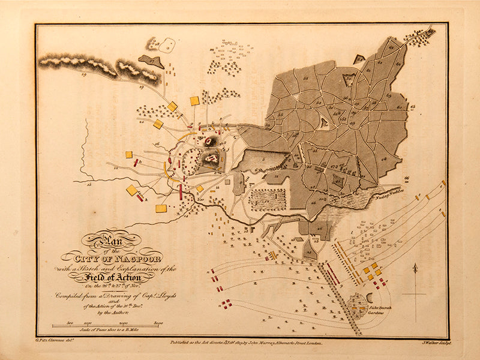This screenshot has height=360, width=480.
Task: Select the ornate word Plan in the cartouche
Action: (108, 241)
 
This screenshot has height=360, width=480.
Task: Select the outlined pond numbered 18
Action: (168, 44)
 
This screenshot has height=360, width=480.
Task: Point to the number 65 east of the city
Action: (413, 108)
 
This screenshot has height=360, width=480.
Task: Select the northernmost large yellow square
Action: (194, 101)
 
